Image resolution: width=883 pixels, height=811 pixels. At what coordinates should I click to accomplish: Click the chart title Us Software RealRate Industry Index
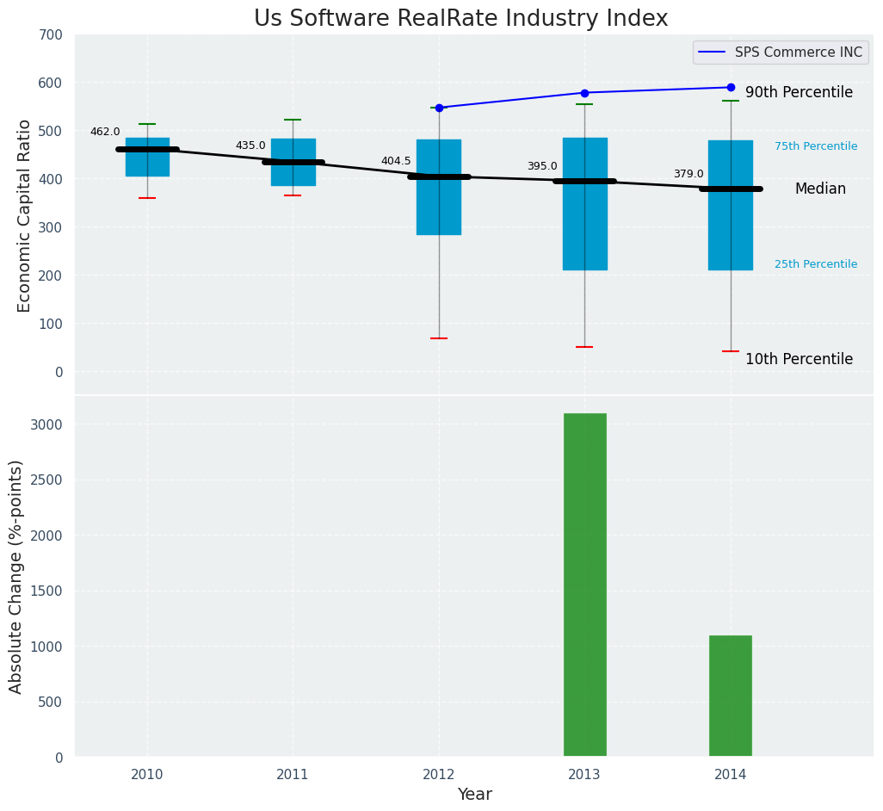click(460, 19)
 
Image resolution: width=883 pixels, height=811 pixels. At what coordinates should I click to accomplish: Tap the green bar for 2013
click(585, 585)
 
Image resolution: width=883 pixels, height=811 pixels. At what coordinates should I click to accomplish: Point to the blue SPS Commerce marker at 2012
click(439, 108)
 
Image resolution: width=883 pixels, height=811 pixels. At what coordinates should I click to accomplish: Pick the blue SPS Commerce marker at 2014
click(731, 87)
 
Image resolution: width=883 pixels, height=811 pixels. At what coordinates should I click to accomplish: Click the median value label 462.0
click(105, 132)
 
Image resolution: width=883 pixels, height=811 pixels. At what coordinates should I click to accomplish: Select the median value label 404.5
click(396, 161)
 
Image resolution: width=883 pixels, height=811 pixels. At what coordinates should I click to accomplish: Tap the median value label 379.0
click(688, 174)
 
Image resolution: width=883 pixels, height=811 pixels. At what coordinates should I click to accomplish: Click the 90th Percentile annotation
click(799, 92)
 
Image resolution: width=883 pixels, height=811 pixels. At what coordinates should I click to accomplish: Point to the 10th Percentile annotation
click(799, 359)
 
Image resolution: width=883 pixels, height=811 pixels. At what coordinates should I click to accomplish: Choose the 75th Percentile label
click(816, 146)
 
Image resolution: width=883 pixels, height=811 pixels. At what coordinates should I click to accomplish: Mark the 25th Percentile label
click(816, 264)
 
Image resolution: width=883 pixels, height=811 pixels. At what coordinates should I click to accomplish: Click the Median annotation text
click(820, 189)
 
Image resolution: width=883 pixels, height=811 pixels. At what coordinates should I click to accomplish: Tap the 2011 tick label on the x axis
click(293, 775)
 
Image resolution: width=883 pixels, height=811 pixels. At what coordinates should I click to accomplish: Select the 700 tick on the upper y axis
click(51, 34)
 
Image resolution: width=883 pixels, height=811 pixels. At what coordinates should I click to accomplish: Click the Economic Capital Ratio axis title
click(24, 215)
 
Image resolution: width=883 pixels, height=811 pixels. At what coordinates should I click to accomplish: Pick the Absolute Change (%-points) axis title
click(16, 576)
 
